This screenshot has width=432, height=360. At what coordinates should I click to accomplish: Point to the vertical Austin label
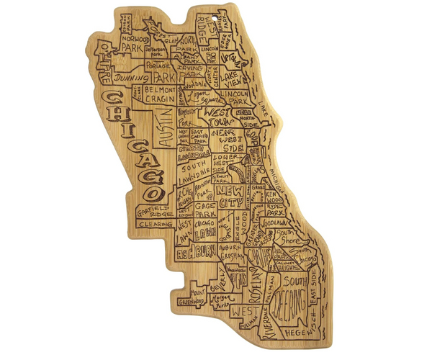coord(165,128)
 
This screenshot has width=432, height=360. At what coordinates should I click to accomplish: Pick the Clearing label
coord(154,224)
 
